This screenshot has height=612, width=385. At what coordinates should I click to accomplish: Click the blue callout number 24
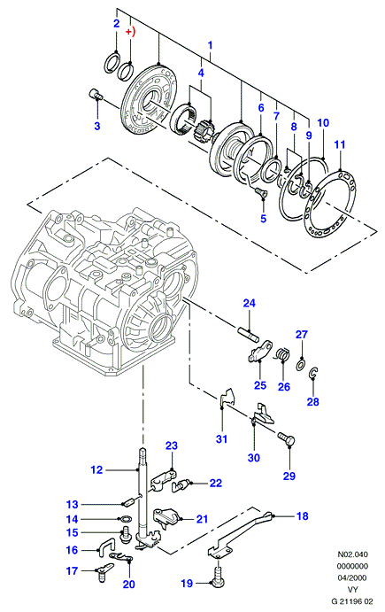pos(250,303)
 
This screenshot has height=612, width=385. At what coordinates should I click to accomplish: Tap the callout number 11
pos(340,144)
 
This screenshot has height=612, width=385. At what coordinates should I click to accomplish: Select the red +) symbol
pos(130,32)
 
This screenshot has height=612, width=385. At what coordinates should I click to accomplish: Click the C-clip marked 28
pos(312,373)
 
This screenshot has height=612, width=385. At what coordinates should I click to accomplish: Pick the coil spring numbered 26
pos(282,354)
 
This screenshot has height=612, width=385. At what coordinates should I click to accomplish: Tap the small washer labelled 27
pos(301,365)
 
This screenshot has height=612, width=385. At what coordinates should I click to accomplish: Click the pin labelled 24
pos(248,334)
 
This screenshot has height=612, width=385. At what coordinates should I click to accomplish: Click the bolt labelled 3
pos(95,94)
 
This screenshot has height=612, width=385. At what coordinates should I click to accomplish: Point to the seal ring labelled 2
pos(112,62)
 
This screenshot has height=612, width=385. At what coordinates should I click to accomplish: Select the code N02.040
pos(352,554)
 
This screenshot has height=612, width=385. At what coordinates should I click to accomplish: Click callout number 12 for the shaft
pos(96,469)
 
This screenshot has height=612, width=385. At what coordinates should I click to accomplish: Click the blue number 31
pos(221,438)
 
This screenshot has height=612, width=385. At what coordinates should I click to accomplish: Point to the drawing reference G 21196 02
pos(352,601)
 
